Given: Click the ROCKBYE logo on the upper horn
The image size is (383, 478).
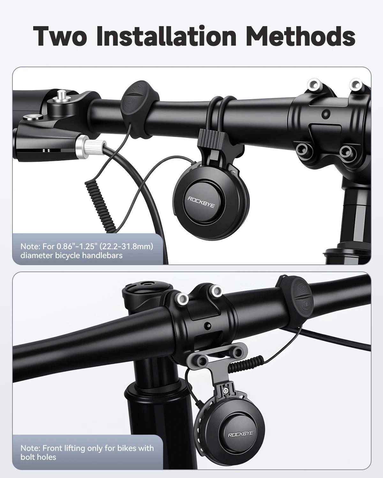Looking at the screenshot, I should tap(201, 201).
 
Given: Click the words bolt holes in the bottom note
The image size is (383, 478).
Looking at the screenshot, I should tap(38, 457).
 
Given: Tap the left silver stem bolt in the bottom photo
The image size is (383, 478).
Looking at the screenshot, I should tap(182, 298).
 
